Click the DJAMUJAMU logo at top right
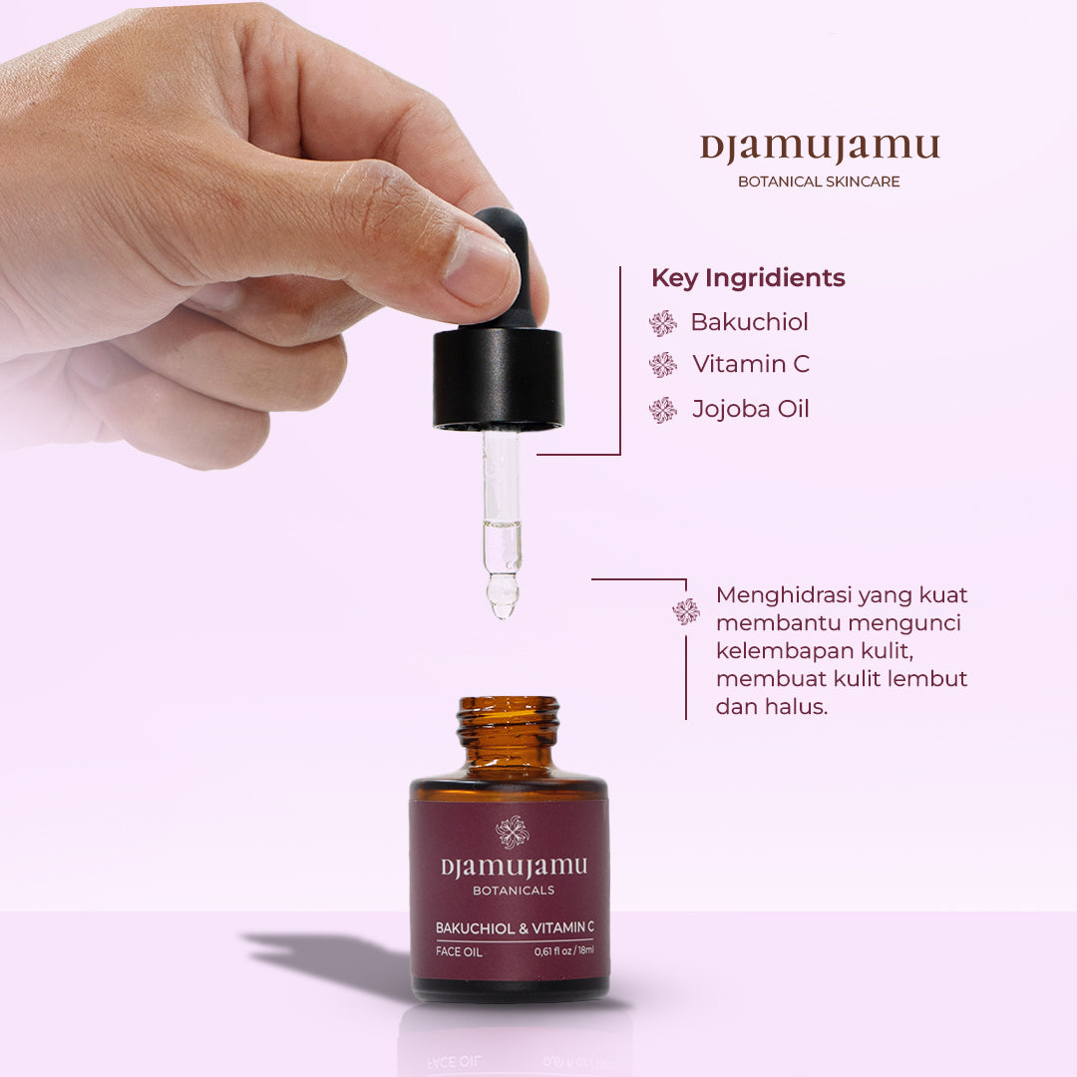(819, 149)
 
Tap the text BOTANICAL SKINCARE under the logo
(819, 181)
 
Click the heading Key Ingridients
(748, 278)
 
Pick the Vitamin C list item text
(751, 364)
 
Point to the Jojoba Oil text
(751, 409)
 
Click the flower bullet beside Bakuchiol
(662, 323)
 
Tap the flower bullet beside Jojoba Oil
(662, 410)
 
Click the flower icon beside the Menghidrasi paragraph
(686, 611)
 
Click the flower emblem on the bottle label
(513, 831)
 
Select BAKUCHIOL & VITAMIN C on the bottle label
(515, 928)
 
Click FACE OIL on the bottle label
(460, 951)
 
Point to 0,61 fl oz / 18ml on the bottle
(563, 950)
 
